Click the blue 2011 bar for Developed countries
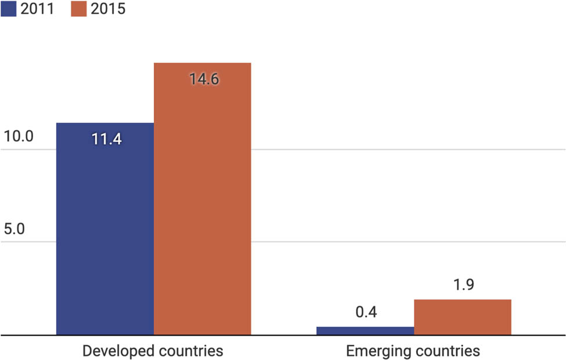104,232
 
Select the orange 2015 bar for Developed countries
202,203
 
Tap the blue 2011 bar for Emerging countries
365,330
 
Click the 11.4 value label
106,139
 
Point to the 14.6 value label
204,79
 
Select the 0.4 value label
366,312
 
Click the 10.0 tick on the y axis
19,137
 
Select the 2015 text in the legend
107,9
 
